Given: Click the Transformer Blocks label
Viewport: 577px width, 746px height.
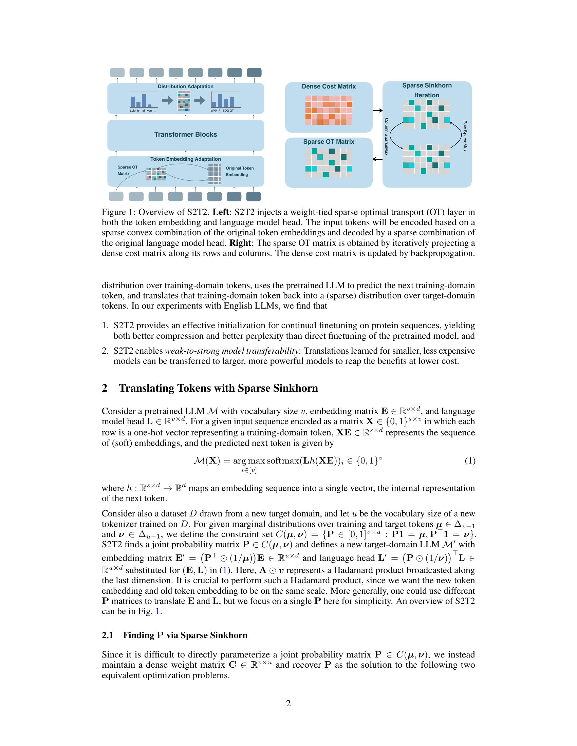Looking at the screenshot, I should pyautogui.click(x=185, y=134).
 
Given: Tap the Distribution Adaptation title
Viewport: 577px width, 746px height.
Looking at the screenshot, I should pyautogui.click(x=185, y=86).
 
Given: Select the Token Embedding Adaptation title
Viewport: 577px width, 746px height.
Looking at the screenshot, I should pyautogui.click(x=185, y=159).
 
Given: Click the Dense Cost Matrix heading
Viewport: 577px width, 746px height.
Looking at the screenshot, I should pyautogui.click(x=329, y=86).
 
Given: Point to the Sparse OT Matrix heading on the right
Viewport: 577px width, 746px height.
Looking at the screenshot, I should pyautogui.click(x=329, y=141).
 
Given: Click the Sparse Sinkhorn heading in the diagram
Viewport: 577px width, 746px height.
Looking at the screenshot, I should pyautogui.click(x=427, y=85).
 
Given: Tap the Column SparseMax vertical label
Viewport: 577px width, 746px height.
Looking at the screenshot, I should pyautogui.click(x=386, y=137).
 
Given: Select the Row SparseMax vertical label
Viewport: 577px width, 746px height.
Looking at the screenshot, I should pyautogui.click(x=465, y=136).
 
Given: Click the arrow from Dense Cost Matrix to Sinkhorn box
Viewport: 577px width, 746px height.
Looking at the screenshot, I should pyautogui.click(x=377, y=110).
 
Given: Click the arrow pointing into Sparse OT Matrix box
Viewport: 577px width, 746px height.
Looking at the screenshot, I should pyautogui.click(x=377, y=159).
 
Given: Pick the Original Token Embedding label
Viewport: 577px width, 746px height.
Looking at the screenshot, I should pyautogui.click(x=239, y=172).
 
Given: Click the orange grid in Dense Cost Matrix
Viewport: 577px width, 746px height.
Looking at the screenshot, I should pyautogui.click(x=329, y=110).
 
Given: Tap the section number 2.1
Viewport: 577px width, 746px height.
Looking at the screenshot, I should pyautogui.click(x=107, y=635).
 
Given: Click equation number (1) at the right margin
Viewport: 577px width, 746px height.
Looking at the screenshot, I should pyautogui.click(x=470, y=461).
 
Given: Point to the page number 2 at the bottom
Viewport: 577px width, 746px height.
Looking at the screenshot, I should pyautogui.click(x=288, y=703).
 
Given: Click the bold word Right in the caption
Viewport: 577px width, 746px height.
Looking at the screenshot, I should pyautogui.click(x=240, y=243).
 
